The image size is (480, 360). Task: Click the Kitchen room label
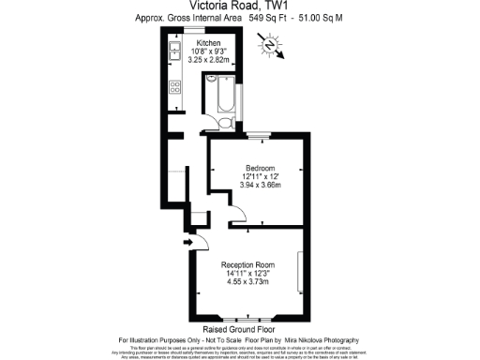[209, 42]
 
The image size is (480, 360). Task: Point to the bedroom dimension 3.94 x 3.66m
[248, 186]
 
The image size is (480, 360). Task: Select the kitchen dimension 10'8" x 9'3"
[209, 51]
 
